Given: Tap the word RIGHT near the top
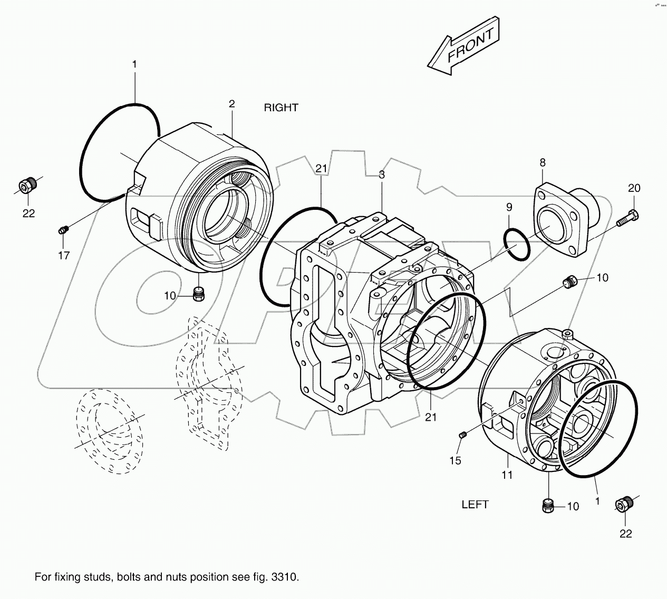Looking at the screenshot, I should coord(281,108).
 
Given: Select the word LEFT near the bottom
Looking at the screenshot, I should coord(475,505).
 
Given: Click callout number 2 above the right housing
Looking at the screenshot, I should coord(231,104).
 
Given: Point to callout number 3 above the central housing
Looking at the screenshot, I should coord(381,175).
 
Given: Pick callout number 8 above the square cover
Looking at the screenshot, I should coord(542,163).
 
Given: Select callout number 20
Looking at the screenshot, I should coord(634,188).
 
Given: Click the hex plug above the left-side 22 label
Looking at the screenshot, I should coord(26,185).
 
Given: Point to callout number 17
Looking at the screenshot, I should coord(64,255).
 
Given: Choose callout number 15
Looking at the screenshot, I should coord(455,460).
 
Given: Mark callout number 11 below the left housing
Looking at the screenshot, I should coord(507,475).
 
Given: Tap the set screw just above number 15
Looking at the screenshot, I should coord(463,435).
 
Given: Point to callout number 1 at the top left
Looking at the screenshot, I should coord(134,64).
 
